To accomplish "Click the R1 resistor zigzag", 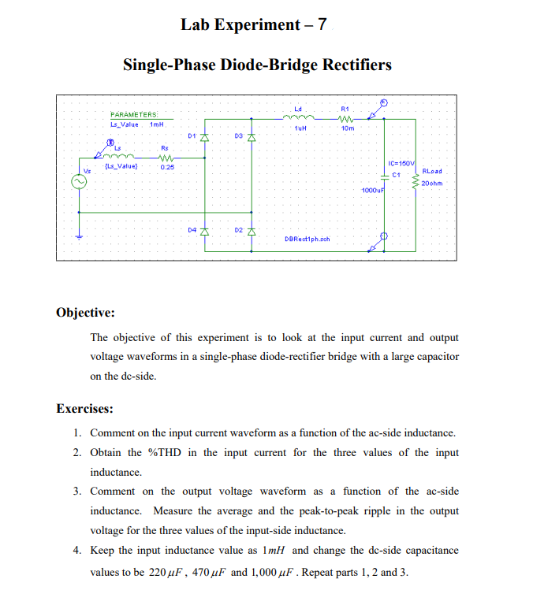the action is pyautogui.click(x=345, y=119).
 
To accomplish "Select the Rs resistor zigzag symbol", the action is pyautogui.click(x=166, y=157).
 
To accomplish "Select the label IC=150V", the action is pyautogui.click(x=402, y=163).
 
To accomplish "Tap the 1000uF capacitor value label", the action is pyautogui.click(x=372, y=191).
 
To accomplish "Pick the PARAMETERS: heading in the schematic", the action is pyautogui.click(x=134, y=115).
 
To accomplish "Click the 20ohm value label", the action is pyautogui.click(x=433, y=184).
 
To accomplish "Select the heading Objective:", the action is pyautogui.click(x=86, y=312).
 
